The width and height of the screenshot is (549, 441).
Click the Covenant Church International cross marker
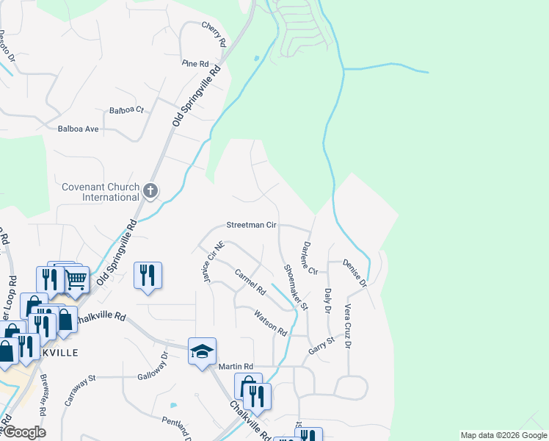pos(150,191)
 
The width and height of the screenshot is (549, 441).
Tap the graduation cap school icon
pos(201,351)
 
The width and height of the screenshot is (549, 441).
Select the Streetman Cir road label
pos(251,225)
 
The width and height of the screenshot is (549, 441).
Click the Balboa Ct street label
pos(127,110)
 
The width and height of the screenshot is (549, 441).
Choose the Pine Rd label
pos(196,64)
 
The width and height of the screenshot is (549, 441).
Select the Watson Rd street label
pos(270,323)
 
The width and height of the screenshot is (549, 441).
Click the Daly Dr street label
pos(328,301)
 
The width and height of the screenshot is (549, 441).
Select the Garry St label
pos(321,345)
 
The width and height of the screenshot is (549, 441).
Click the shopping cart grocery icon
pos(76,279)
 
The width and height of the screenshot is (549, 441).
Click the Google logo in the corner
pos(23,432)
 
